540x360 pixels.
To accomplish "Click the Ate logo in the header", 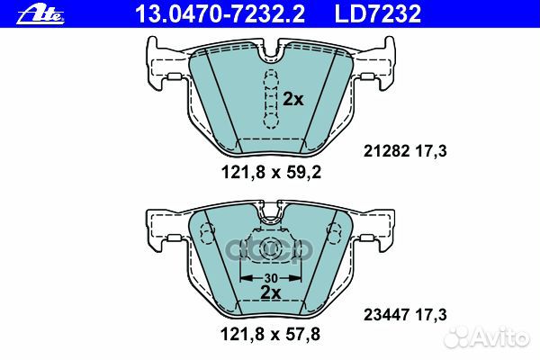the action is (x=40, y=14).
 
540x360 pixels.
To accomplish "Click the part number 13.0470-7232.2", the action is (x=220, y=13).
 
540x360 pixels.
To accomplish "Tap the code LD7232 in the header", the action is (x=378, y=13).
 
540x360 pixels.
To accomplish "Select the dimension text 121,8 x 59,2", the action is (x=271, y=172).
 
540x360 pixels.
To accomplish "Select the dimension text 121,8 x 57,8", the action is (x=270, y=334).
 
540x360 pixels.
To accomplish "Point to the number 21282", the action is (x=386, y=151).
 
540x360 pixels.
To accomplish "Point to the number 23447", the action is (x=386, y=315).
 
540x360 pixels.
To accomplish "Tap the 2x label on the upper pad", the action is (x=293, y=99).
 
